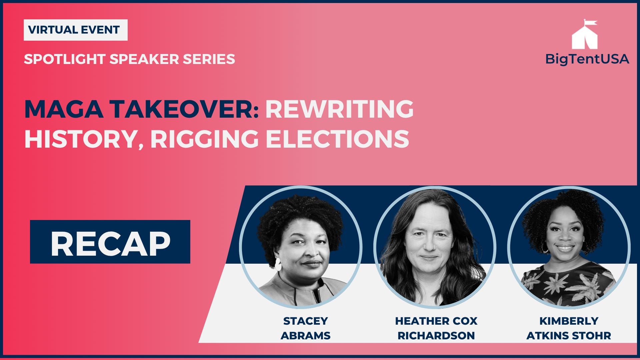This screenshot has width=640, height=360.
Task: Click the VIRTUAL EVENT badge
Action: tap(75, 30)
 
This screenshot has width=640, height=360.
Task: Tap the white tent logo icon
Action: tap(585, 37)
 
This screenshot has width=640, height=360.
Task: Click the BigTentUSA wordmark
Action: tap(587, 59)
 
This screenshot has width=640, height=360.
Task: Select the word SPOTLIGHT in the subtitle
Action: tap(65, 59)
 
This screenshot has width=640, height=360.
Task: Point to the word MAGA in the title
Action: tap(64, 109)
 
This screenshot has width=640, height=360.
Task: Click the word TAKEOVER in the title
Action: tap(182, 109)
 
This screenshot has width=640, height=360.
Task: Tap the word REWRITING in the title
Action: tap(339, 109)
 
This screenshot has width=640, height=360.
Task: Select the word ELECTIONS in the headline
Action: tap(337, 139)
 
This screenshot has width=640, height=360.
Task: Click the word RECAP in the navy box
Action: tap(110, 244)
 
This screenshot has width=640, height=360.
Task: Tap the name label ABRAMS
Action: tap(305, 335)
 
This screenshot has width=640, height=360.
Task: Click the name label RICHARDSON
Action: tap(436, 335)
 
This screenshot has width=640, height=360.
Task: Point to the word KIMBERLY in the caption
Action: tap(569, 321)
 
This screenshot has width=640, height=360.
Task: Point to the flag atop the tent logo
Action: tap(591, 23)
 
